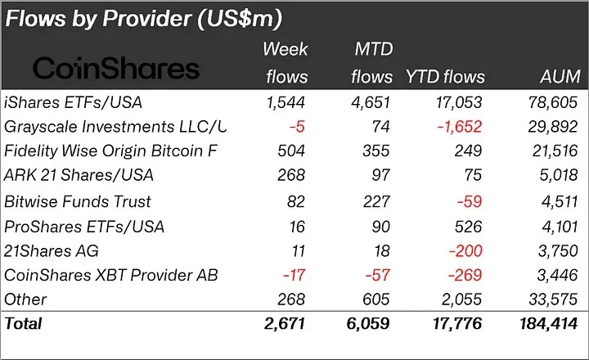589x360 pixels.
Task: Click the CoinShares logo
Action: [x=115, y=67]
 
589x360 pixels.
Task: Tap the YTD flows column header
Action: [x=446, y=77]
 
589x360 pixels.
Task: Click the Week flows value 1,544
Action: [x=286, y=102]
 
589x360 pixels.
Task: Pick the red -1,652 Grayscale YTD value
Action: [x=459, y=127]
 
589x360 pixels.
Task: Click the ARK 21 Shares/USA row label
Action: [x=79, y=175]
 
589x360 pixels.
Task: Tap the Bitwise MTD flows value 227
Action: [x=378, y=200]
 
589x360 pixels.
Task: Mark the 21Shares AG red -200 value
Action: [x=466, y=250]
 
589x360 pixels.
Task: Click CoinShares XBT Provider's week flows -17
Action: [x=293, y=274]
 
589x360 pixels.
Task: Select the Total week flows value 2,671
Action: [x=286, y=324]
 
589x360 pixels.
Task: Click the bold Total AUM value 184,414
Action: [x=546, y=324]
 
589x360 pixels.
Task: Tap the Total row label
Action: [x=23, y=324]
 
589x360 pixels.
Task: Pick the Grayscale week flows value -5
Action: [x=298, y=127]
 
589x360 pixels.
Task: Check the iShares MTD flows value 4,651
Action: [x=371, y=102]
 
